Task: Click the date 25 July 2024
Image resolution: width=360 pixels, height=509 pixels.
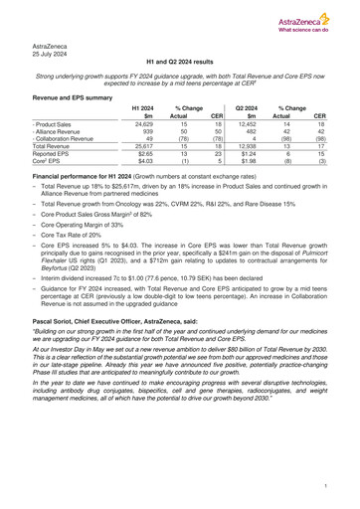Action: (52, 56)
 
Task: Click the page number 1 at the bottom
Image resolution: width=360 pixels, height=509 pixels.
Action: (324, 487)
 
